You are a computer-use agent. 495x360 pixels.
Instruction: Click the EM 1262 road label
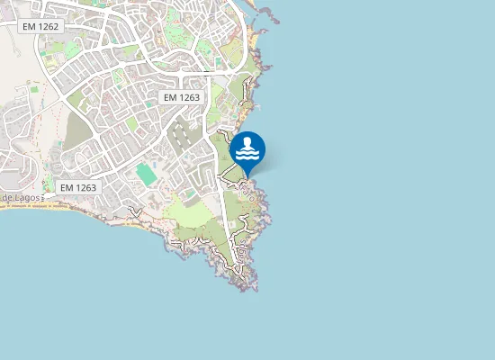pyautogui.click(x=40, y=27)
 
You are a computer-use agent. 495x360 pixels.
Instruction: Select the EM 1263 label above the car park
pyautogui.click(x=183, y=96)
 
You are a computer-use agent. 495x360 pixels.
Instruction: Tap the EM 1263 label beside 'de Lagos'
pyautogui.click(x=77, y=187)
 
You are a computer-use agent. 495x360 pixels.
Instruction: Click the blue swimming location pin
pyautogui.click(x=247, y=150)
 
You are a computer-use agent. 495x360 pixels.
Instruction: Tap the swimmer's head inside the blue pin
pyautogui.click(x=247, y=141)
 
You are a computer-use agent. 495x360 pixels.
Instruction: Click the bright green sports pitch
pyautogui.click(x=145, y=174)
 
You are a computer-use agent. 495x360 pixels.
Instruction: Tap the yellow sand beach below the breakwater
pyautogui.click(x=256, y=40)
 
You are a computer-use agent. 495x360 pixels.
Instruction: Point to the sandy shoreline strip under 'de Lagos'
pyautogui.click(x=54, y=205)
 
